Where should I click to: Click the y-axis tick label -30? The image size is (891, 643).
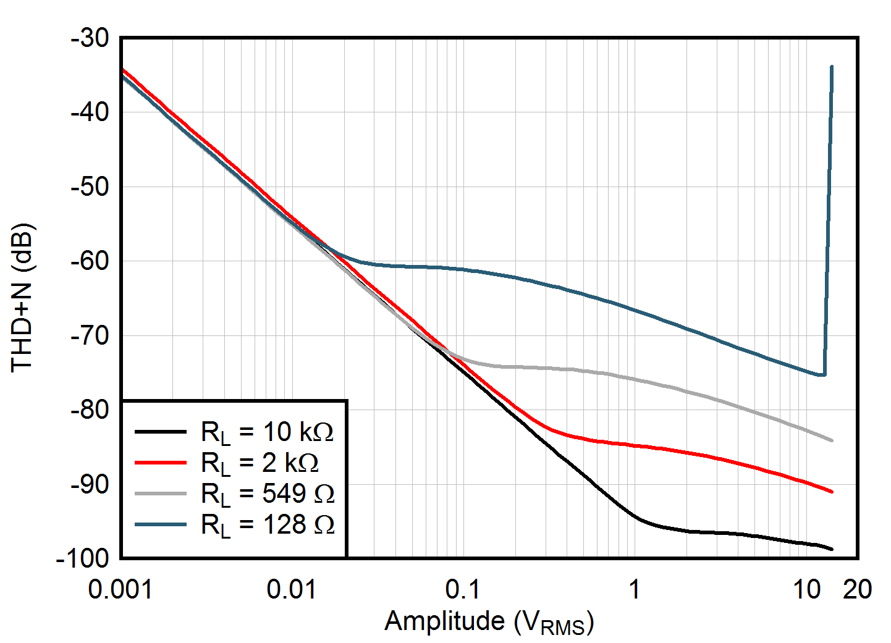point(90,38)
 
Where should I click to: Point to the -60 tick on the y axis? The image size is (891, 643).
point(90,261)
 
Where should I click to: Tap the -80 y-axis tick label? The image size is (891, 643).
point(90,410)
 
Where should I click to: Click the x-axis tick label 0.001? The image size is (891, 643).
point(120,590)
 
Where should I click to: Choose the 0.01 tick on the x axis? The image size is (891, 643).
point(291,590)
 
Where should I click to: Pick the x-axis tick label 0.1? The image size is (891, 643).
point(462,590)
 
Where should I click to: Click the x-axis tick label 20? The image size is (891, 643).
point(858,590)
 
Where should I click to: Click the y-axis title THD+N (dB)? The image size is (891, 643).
point(22,298)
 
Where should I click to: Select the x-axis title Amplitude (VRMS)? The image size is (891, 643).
point(489,622)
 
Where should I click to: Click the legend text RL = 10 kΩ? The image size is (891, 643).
point(267,432)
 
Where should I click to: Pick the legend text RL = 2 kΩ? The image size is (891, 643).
point(260,463)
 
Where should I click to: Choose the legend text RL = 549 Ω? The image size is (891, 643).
point(267,494)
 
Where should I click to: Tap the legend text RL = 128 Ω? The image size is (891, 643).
point(267,525)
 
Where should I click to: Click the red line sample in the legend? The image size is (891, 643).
point(161,463)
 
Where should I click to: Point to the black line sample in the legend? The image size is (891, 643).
point(161,432)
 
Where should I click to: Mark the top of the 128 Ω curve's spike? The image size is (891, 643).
point(832,67)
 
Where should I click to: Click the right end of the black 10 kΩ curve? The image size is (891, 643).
point(832,548)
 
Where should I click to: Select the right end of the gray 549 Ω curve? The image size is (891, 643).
point(832,440)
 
